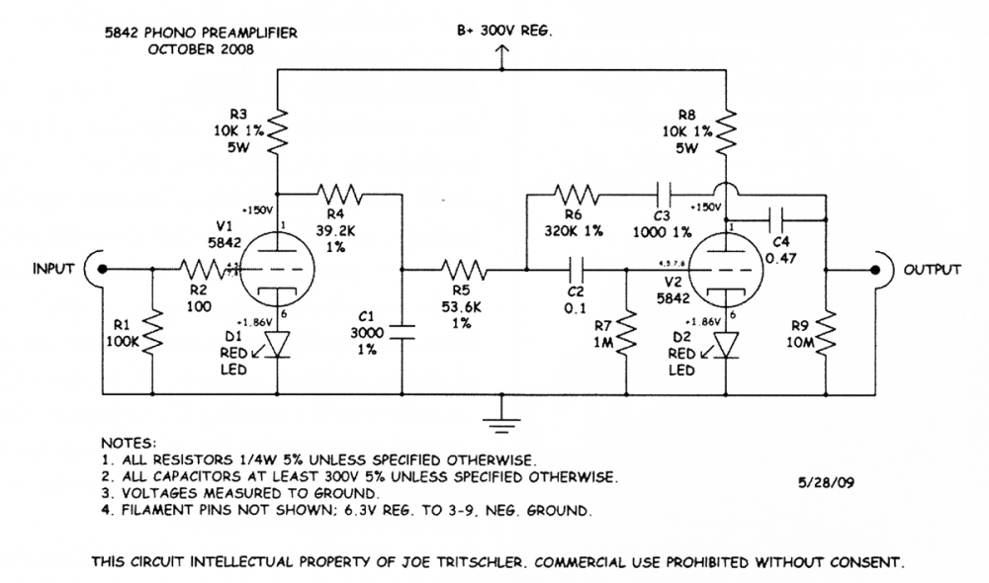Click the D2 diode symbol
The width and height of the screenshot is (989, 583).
(727, 344)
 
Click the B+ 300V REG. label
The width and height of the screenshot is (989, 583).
(503, 32)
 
